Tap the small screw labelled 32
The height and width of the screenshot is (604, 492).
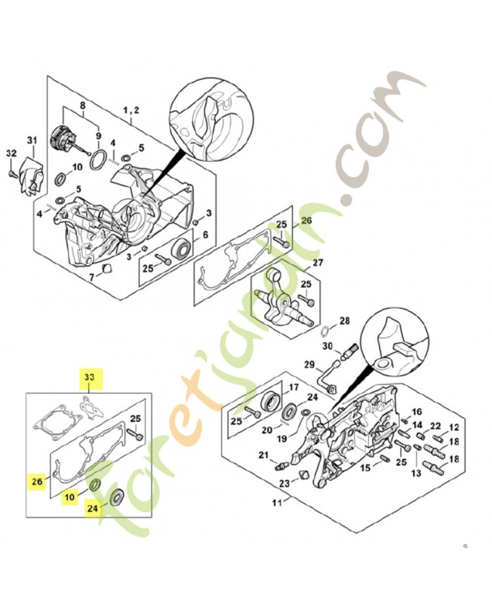[11, 174]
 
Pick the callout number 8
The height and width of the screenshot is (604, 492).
[82, 105]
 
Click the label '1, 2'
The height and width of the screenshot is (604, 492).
[131, 110]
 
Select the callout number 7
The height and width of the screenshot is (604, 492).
[91, 276]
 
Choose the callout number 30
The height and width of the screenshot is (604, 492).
[327, 347]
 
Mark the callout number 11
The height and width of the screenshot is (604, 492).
[278, 503]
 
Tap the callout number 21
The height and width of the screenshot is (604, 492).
[263, 455]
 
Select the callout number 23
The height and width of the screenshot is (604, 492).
[284, 482]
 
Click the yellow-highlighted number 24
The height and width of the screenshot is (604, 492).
[92, 508]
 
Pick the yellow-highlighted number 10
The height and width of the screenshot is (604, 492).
[69, 497]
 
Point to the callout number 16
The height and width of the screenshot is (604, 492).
[417, 412]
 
